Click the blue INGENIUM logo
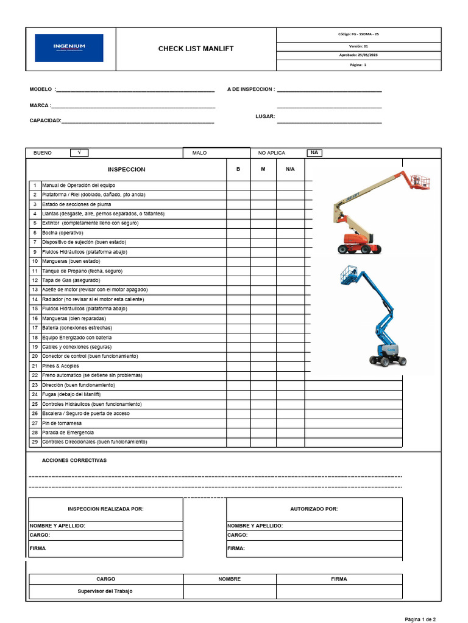(x=69, y=48)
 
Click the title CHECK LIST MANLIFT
(x=196, y=49)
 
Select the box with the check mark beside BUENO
(x=79, y=153)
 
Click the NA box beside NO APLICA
(x=314, y=153)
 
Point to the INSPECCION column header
(x=126, y=169)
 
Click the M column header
(x=263, y=169)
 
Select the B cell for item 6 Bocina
(x=238, y=233)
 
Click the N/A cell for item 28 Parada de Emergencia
(x=290, y=433)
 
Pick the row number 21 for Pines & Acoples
(x=35, y=366)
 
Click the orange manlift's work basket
(x=419, y=181)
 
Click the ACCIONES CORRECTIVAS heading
(x=74, y=461)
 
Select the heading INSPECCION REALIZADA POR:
(x=105, y=509)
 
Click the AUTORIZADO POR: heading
(x=314, y=509)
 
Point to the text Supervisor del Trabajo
(x=105, y=591)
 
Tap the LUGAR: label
(x=265, y=116)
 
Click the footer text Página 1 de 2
(x=420, y=619)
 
